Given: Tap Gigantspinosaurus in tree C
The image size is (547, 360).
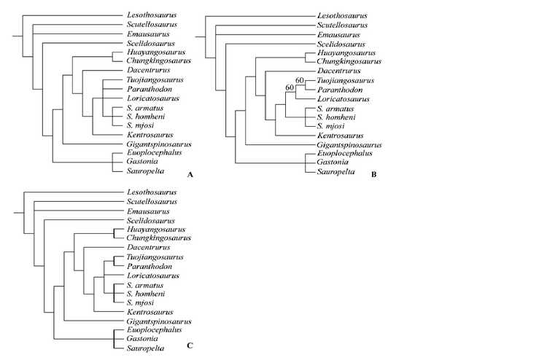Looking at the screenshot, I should pyautogui.click(x=159, y=321).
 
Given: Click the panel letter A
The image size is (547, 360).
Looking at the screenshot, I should pyautogui.click(x=190, y=175).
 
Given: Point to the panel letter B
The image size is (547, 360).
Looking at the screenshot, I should pyautogui.click(x=374, y=175).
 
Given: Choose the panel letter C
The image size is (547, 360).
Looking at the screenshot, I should pyautogui.click(x=190, y=345).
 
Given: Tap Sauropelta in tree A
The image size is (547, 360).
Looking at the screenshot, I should pyautogui.click(x=146, y=171).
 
